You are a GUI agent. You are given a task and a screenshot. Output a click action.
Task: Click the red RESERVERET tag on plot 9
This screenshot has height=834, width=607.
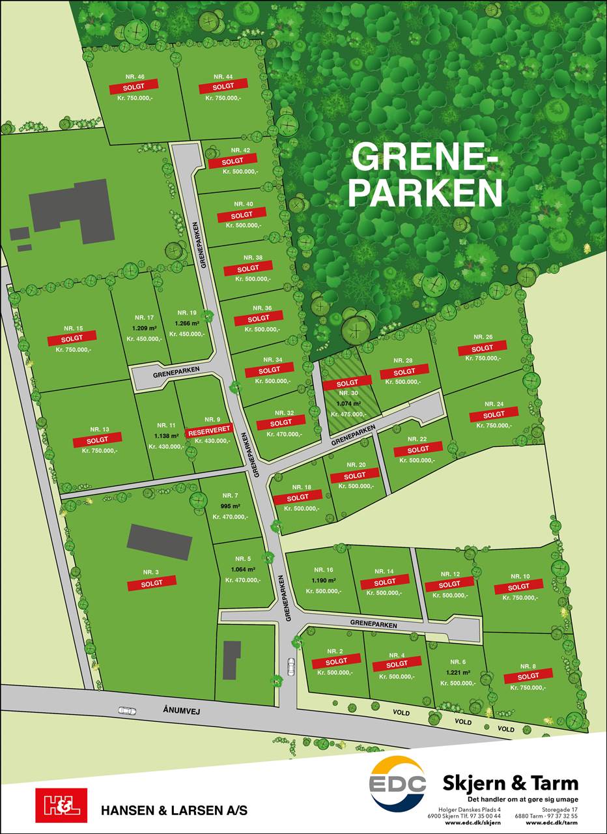pos(209,431)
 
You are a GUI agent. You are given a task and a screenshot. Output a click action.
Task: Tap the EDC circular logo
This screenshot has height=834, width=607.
pos(397,783)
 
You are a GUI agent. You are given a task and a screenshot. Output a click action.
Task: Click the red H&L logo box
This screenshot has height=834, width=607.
pos(61,805)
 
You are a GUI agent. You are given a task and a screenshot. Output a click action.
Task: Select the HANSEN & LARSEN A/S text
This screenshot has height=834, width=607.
pos(174,811)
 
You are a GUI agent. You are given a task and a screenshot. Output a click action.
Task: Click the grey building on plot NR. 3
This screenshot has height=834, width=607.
pos(160,541)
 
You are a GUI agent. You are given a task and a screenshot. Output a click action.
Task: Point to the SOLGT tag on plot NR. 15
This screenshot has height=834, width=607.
pos(72,339)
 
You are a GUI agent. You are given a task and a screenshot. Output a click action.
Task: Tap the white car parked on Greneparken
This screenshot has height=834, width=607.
pos(290,665)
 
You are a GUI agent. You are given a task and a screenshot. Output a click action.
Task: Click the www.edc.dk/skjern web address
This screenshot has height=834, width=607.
pos(473,823)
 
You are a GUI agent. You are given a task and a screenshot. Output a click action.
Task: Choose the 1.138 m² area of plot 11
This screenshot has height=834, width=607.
pos(166,436)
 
